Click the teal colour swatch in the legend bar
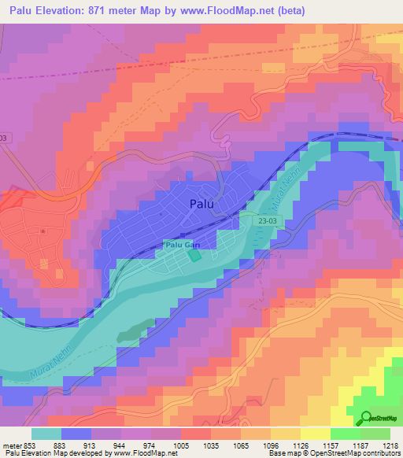point(46,434)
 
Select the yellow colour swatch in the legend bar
point(315,434)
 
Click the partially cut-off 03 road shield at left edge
point(4,138)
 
